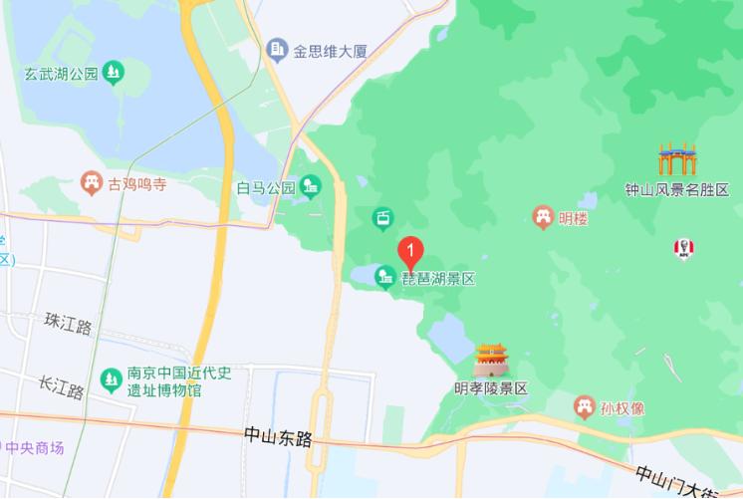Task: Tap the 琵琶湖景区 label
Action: [438, 279]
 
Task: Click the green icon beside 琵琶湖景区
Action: [384, 278]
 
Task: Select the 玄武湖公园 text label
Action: [62, 73]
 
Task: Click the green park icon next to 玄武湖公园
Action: [116, 72]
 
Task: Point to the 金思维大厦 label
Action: [332, 48]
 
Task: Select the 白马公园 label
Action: [266, 186]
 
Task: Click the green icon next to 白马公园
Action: [311, 185]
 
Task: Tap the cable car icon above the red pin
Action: [382, 218]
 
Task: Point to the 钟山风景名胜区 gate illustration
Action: [676, 159]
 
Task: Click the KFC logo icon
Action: [683, 247]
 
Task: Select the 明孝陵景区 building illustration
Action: [491, 361]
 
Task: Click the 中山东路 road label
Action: [278, 436]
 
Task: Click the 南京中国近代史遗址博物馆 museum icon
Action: [111, 378]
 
